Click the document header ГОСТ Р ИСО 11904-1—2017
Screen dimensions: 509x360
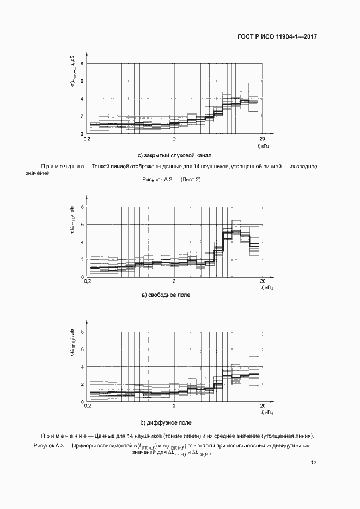(278, 38)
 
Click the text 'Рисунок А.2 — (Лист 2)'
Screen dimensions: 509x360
(170, 180)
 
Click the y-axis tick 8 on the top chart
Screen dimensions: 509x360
(82, 64)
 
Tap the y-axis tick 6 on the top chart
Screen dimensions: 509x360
(82, 81)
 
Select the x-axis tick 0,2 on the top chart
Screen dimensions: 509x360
(87, 139)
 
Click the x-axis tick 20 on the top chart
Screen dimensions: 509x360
(263, 139)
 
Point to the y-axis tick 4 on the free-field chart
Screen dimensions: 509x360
(82, 242)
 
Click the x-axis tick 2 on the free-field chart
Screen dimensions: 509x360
(174, 283)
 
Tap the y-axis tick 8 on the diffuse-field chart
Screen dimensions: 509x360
(82, 332)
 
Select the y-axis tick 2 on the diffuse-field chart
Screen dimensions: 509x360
(82, 384)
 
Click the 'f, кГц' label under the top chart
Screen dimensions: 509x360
(263, 146)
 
